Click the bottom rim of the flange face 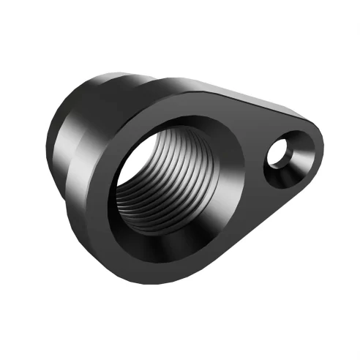tap(168, 282)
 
